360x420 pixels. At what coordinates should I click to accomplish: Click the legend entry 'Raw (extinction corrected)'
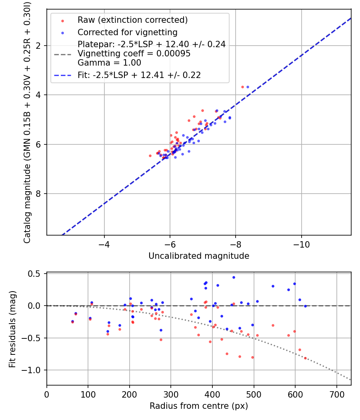click(x=132, y=20)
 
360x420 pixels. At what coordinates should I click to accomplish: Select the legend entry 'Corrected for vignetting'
click(x=128, y=32)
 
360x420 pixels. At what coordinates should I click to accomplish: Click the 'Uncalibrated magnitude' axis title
click(x=199, y=256)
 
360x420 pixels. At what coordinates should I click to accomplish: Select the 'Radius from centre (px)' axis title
click(x=199, y=406)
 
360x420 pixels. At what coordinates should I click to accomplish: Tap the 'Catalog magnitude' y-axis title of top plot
click(x=27, y=121)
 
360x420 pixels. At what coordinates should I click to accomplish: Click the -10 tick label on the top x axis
click(x=301, y=244)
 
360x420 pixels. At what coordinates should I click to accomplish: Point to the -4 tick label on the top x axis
click(x=104, y=244)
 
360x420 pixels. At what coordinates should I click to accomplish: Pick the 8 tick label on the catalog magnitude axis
click(x=39, y=194)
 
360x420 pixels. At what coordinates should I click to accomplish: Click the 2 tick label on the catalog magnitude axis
click(x=39, y=46)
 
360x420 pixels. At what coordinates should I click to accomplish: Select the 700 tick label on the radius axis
click(x=336, y=394)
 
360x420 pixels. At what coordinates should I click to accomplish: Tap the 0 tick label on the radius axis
click(x=47, y=394)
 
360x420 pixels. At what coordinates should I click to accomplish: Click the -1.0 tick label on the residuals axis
click(x=34, y=370)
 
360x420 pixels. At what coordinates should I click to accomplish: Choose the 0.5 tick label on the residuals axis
click(x=36, y=274)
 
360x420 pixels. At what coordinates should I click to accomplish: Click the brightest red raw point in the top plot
click(x=242, y=87)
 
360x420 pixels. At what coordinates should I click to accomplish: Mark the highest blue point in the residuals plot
click(x=234, y=277)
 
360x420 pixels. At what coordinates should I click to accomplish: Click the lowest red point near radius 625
click(x=305, y=358)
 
